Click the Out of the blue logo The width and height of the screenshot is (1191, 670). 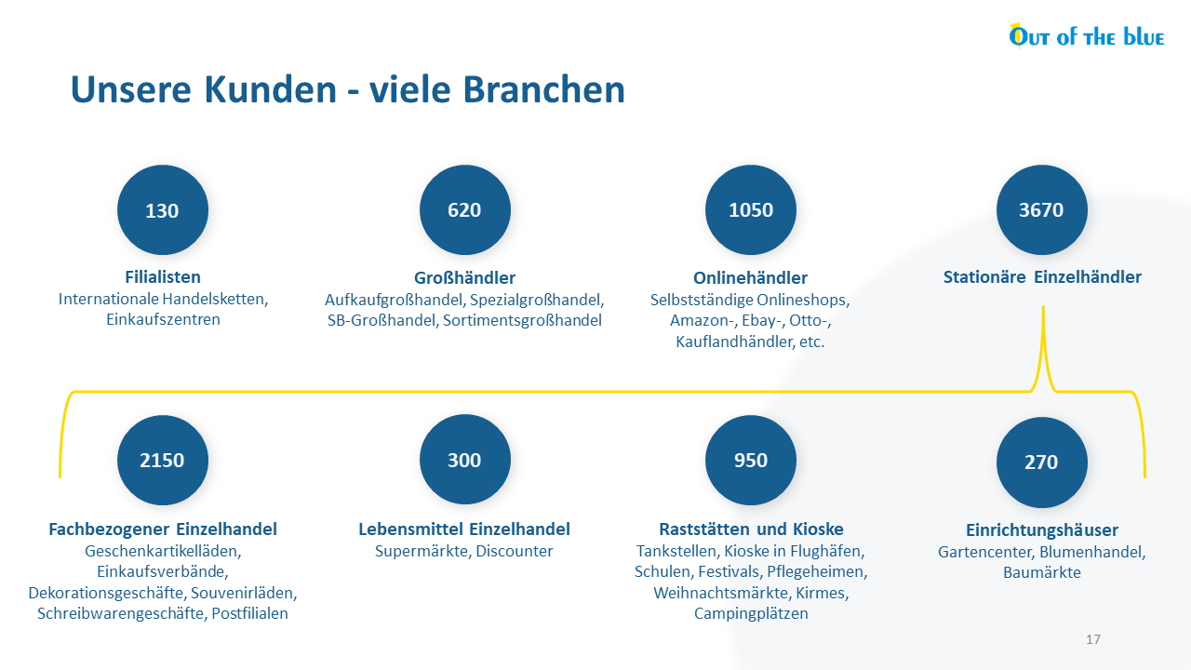(1086, 36)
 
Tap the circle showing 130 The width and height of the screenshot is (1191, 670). (163, 210)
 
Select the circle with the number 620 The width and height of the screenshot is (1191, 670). (464, 210)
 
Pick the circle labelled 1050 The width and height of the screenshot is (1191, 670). (751, 210)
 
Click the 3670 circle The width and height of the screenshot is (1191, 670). (1041, 210)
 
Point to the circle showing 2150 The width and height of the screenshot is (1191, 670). (163, 460)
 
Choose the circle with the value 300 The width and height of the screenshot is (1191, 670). (464, 460)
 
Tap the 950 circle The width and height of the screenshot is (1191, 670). (751, 460)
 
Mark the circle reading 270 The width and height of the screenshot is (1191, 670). (1041, 462)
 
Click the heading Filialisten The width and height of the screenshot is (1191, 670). (163, 277)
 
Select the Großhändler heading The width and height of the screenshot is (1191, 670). (464, 277)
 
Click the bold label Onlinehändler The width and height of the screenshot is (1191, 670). (750, 277)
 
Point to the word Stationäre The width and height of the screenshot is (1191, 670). (984, 277)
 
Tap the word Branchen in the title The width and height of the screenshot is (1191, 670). (544, 89)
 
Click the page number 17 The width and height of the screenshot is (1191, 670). (1093, 639)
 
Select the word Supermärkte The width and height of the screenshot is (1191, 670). (423, 552)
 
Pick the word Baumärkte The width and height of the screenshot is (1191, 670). (1042, 572)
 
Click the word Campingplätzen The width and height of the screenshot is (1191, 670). (751, 614)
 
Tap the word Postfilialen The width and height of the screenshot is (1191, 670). (250, 613)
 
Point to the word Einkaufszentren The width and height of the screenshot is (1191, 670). (163, 319)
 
